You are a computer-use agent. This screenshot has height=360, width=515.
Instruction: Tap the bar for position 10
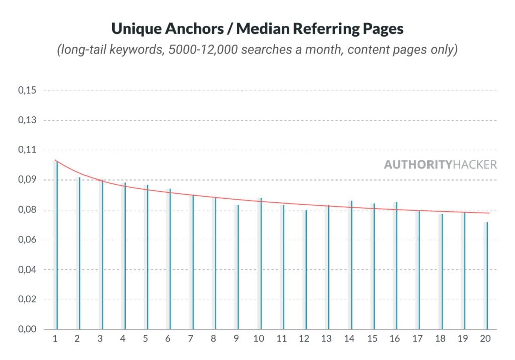261,263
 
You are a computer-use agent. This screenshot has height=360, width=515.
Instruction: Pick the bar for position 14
351,265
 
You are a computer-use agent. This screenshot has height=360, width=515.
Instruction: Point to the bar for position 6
170,259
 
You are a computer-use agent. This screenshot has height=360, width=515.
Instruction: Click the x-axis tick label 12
304,339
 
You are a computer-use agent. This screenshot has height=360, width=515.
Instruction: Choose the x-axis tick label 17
417,339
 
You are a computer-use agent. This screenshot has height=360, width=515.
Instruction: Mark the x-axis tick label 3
100,339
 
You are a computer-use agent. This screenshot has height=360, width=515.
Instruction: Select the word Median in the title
268,29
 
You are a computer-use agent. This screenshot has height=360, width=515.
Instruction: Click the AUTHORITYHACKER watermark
441,164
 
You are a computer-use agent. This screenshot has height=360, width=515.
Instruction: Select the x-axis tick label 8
214,339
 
